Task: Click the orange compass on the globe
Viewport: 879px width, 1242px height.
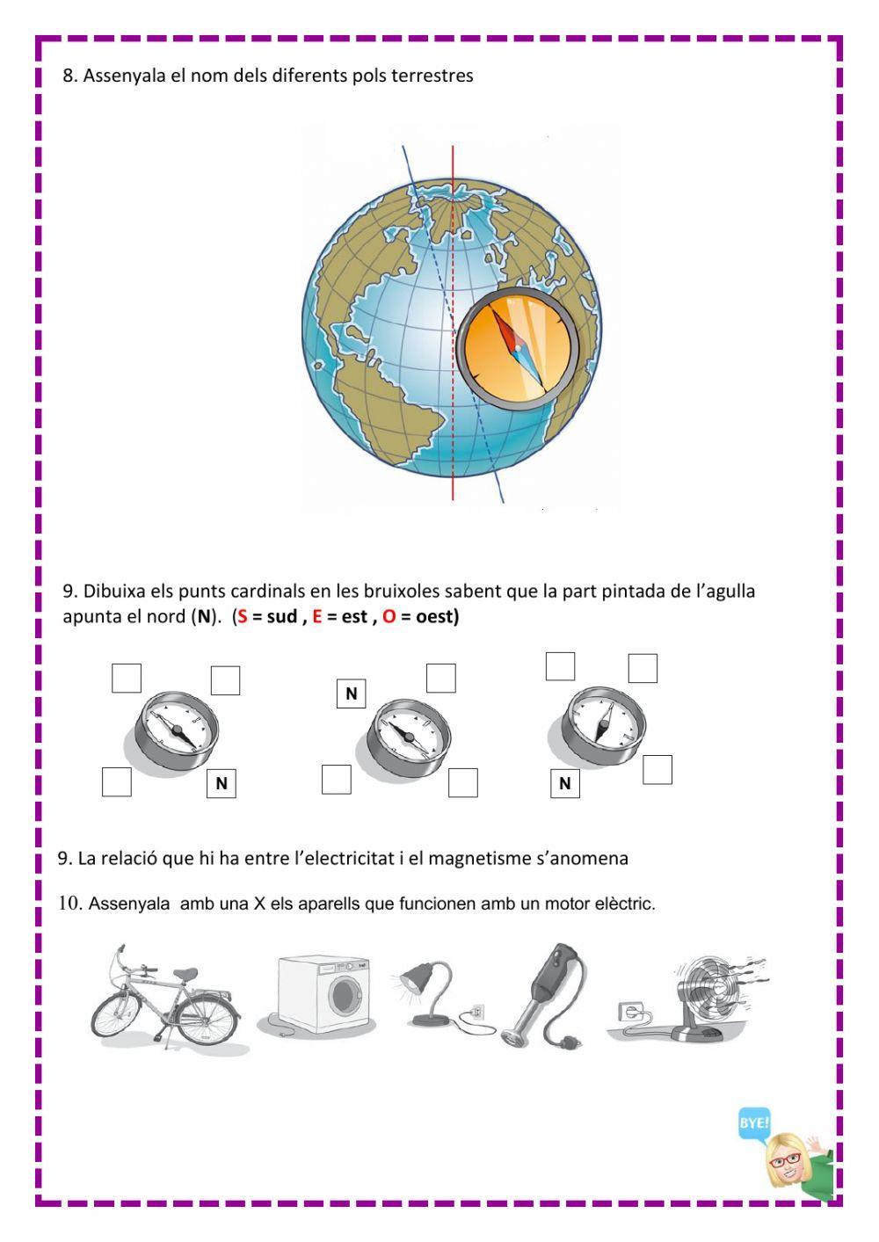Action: coord(517,345)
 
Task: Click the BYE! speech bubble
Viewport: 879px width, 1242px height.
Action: coord(753,1123)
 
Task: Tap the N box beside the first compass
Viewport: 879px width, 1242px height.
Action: coord(222,783)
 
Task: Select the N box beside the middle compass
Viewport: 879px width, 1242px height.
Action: coord(352,694)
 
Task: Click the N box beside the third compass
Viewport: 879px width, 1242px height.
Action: coord(564,783)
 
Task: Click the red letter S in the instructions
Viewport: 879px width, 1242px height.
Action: coord(242,616)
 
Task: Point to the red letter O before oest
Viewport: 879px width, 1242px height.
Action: coord(389,616)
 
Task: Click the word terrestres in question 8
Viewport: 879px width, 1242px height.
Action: coord(432,76)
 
